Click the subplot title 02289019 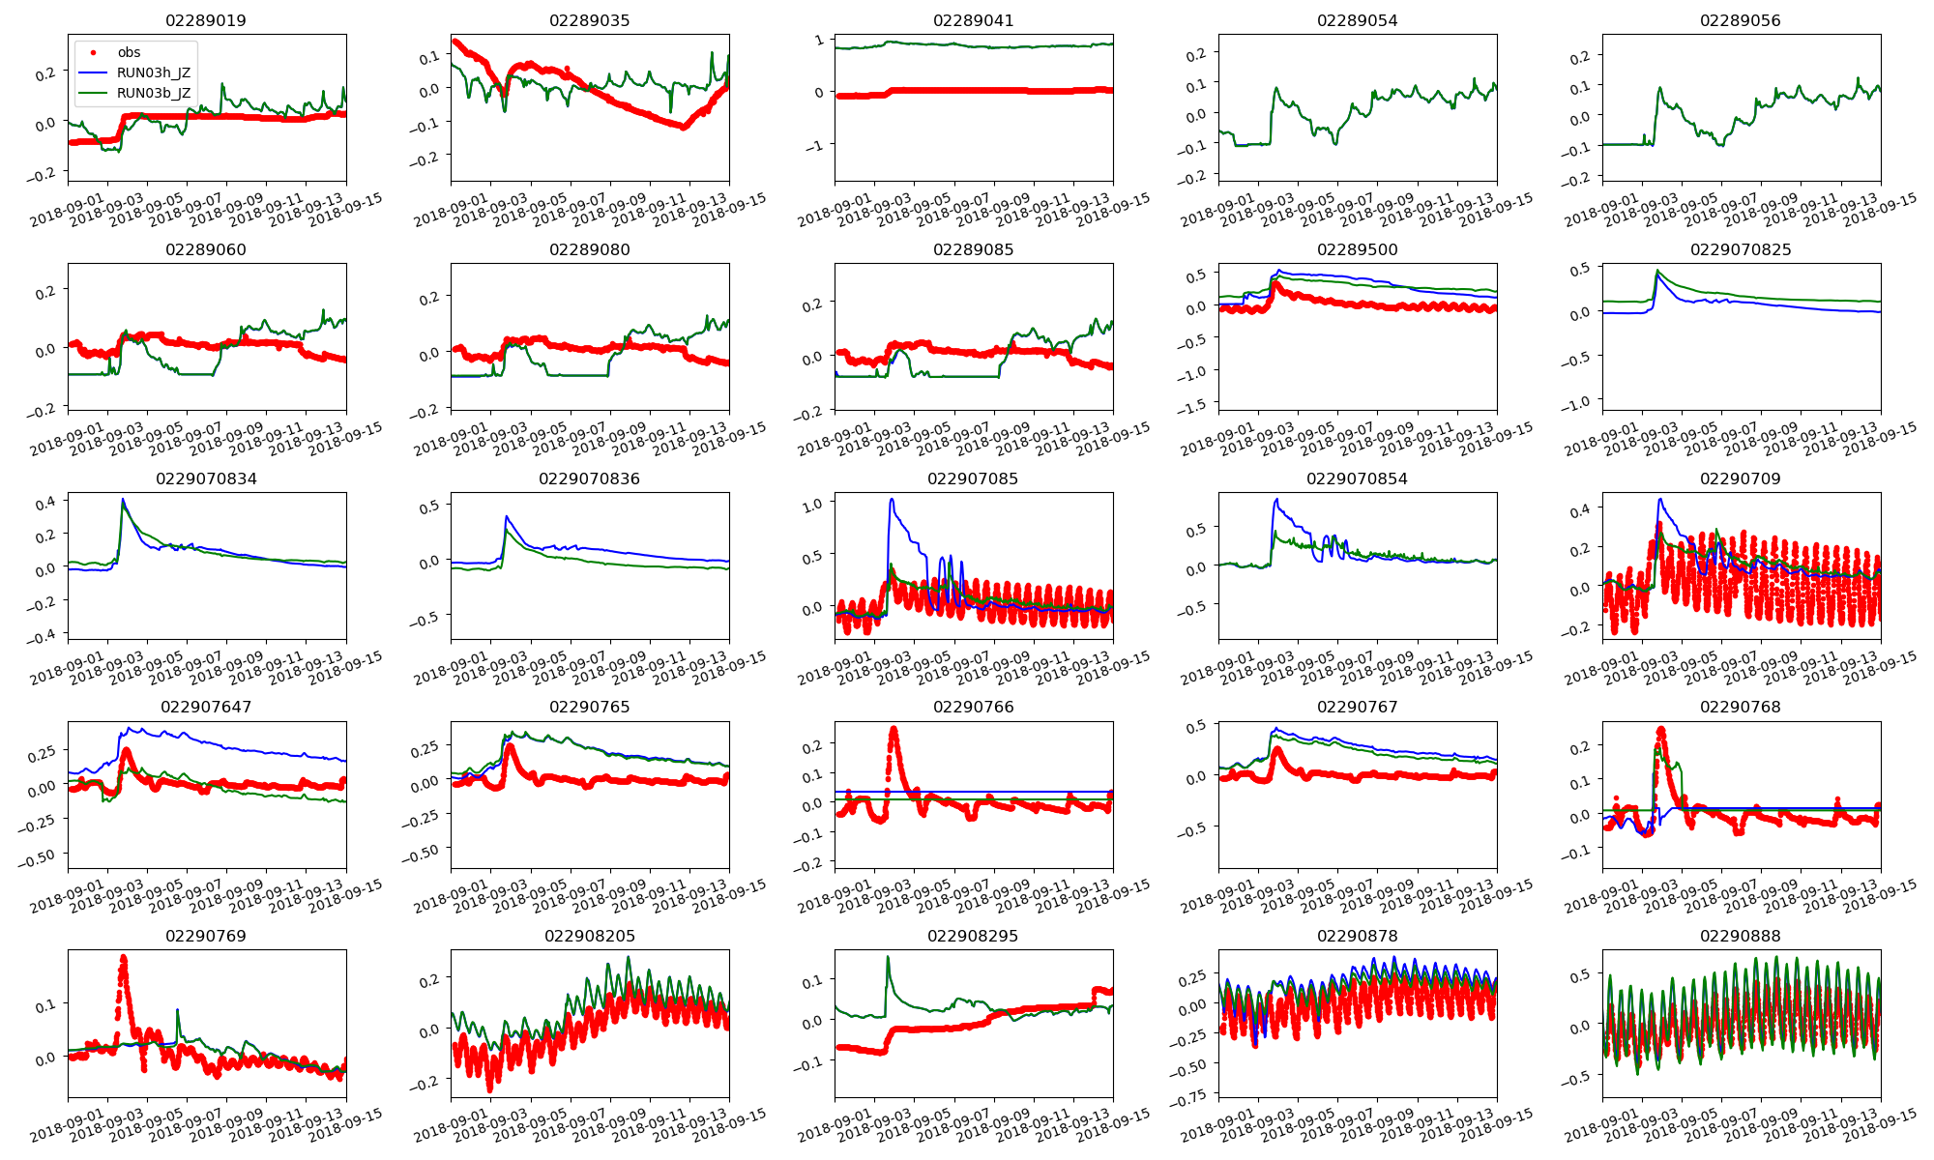point(206,20)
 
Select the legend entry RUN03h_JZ point(154,72)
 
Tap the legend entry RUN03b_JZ point(154,93)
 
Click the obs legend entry point(129,52)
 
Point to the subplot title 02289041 point(973,20)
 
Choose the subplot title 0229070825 point(1741,249)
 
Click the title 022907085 point(973,478)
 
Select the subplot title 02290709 point(1741,478)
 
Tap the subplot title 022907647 point(206,707)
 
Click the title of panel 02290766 point(973,707)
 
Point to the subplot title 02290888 point(1741,936)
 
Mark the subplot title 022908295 point(973,936)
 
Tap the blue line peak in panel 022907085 point(891,500)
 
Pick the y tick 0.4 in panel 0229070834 point(47,502)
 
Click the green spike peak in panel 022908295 point(888,957)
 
